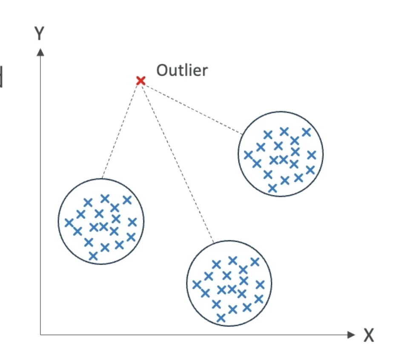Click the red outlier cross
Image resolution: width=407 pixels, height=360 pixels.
pos(140,80)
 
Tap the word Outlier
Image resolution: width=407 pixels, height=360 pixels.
pos(182,70)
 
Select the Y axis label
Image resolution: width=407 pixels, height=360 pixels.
pos(40,33)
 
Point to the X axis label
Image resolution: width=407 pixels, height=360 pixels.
pos(369,336)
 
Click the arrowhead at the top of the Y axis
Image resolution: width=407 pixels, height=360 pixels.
pos(40,51)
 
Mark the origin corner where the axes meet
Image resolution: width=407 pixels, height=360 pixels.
pos(40,335)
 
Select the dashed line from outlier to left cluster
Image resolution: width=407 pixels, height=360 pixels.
pos(121,129)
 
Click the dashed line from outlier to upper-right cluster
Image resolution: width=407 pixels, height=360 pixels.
pos(192,107)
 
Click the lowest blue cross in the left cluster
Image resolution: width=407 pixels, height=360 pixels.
pos(93,256)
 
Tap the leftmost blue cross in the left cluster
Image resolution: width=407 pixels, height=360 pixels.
pos(69,222)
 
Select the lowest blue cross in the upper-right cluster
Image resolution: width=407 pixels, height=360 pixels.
pos(272,188)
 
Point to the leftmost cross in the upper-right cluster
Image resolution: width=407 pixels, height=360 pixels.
pos(248,154)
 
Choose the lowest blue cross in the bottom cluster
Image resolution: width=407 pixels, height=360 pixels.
pos(221,317)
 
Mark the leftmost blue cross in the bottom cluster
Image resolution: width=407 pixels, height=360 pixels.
pos(196,284)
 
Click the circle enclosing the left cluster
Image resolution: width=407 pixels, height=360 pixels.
pos(58,221)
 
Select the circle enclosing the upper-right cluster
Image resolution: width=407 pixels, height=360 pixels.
pos(323,154)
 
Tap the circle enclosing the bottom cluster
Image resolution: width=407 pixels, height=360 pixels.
pos(272,283)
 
